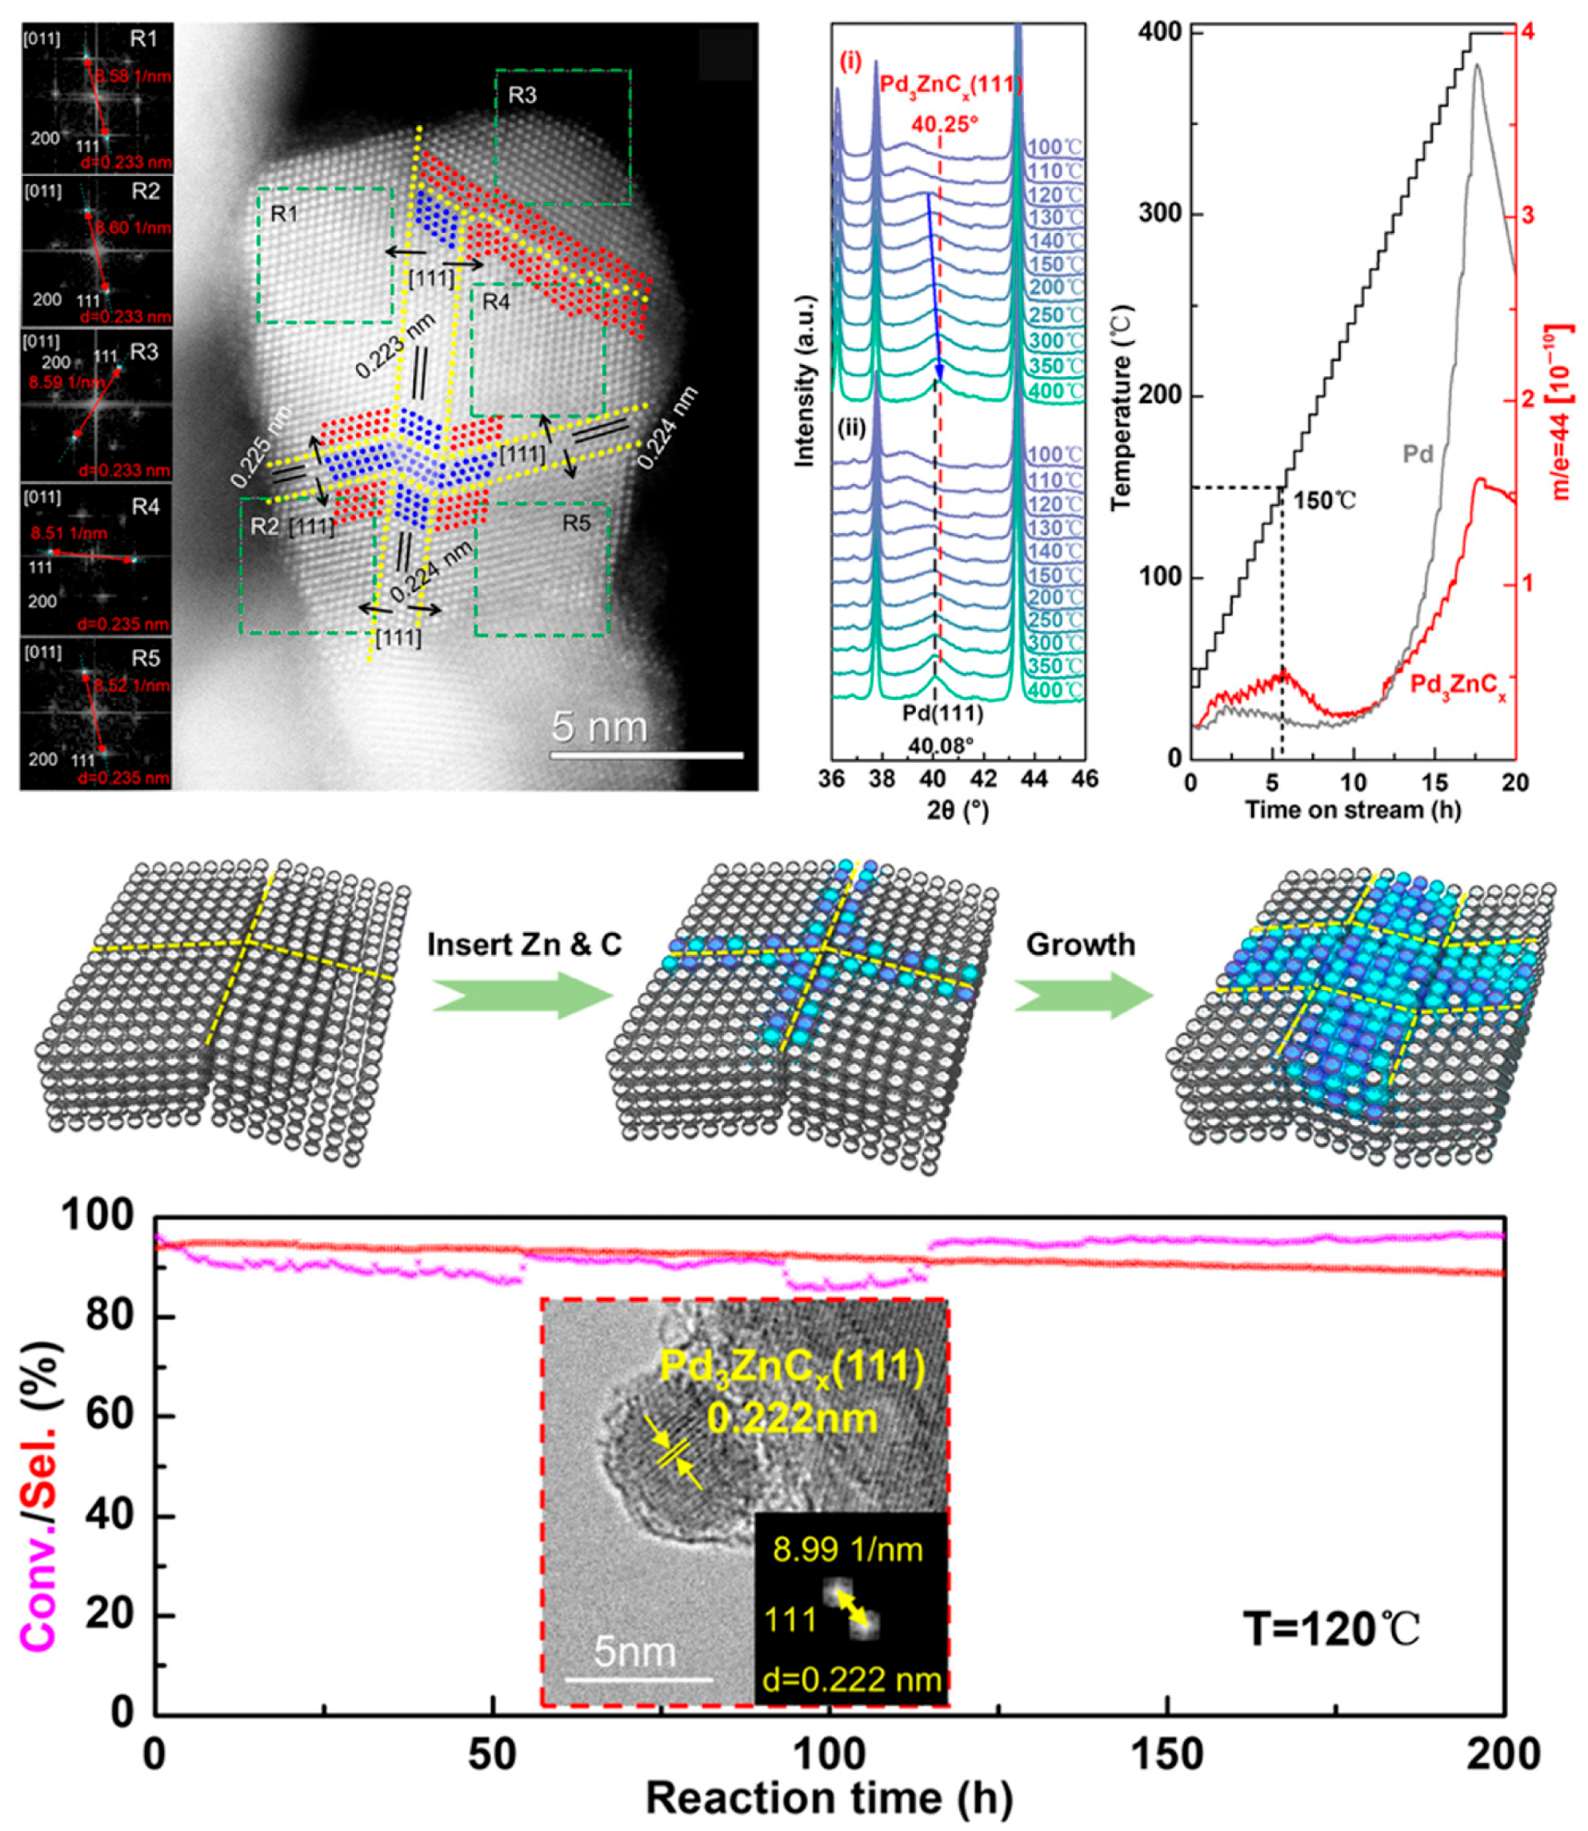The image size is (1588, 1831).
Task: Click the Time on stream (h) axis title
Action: click(x=1352, y=809)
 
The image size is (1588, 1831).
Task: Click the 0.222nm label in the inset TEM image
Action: click(x=792, y=1419)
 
